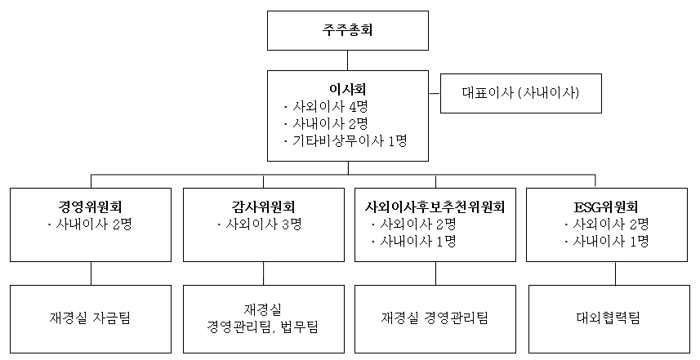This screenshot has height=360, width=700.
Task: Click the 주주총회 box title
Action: click(x=347, y=30)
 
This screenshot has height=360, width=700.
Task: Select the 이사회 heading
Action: click(x=348, y=89)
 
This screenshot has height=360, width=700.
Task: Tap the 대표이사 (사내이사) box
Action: click(x=521, y=93)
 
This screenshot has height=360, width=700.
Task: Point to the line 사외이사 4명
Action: click(x=325, y=107)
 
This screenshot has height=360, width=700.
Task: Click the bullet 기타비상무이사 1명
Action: click(x=345, y=141)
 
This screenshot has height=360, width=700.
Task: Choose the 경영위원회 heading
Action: click(x=90, y=207)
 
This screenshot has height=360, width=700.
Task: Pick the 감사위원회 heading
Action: click(x=263, y=207)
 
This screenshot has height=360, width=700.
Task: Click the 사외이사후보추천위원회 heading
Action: click(x=435, y=207)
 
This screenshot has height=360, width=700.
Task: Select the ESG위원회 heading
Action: click(x=606, y=207)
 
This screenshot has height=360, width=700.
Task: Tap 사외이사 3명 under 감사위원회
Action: click(x=260, y=224)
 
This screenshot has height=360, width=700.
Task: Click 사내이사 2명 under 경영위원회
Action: click(x=89, y=224)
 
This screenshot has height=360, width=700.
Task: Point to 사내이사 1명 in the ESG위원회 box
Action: click(x=606, y=241)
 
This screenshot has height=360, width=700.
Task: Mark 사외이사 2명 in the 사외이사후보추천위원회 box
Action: click(x=413, y=224)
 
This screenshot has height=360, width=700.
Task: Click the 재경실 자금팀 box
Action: click(x=91, y=319)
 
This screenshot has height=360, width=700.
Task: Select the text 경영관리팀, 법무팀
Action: click(x=262, y=327)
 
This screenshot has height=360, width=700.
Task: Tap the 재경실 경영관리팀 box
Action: click(x=435, y=319)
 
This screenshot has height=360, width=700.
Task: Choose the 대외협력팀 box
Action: click(x=609, y=319)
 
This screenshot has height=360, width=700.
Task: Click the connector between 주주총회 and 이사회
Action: click(x=348, y=60)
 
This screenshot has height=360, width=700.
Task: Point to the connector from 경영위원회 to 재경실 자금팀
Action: click(x=91, y=273)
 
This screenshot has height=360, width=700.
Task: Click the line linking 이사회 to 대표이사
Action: click(x=435, y=93)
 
